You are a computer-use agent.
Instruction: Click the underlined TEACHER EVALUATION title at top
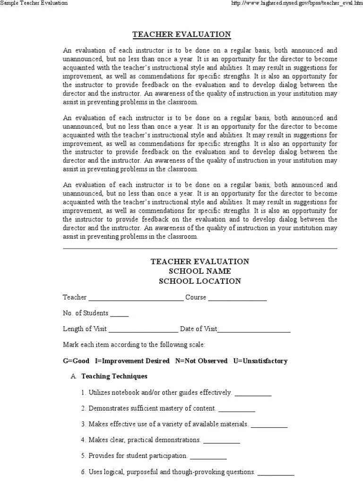click(181, 35)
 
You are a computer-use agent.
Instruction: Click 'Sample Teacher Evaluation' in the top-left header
click(34, 3)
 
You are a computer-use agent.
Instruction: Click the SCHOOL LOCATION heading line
click(200, 281)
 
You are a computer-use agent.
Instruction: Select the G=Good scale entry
click(76, 361)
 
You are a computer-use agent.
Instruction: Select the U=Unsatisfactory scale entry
click(260, 361)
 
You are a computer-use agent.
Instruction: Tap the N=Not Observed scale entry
click(201, 361)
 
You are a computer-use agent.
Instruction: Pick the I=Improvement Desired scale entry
click(132, 361)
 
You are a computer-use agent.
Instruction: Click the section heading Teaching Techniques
click(114, 377)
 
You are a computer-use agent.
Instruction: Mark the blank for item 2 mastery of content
click(236, 409)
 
